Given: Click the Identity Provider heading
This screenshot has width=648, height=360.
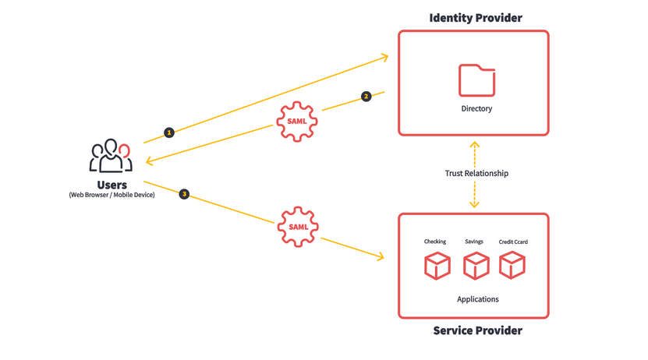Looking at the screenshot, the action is click(x=476, y=18).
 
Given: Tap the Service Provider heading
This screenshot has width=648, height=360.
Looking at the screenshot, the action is click(x=478, y=330).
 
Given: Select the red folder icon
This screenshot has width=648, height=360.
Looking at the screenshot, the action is click(x=477, y=80).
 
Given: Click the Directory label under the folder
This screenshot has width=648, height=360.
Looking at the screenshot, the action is click(x=476, y=108).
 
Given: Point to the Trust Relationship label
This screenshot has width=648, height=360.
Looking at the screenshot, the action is click(x=476, y=173).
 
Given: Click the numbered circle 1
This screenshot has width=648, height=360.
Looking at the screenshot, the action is click(x=169, y=132).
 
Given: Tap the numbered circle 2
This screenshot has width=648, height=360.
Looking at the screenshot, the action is click(x=366, y=97).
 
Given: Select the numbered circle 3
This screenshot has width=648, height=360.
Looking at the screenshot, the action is click(x=184, y=194).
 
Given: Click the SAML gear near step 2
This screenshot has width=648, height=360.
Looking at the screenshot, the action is click(x=297, y=122).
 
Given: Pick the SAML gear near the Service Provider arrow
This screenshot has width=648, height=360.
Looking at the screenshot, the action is click(x=298, y=227).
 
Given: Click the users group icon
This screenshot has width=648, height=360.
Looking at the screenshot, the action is click(x=111, y=156).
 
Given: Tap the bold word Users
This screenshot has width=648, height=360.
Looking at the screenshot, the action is click(x=112, y=185).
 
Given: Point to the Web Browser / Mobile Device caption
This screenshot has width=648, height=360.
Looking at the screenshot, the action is click(x=112, y=195).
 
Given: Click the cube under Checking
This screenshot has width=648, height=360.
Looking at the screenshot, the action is click(x=437, y=266).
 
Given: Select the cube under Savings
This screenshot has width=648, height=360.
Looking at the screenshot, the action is click(x=476, y=266).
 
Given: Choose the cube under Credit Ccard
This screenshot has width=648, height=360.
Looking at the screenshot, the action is click(x=512, y=265).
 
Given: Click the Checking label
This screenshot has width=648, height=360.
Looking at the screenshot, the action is click(x=435, y=242).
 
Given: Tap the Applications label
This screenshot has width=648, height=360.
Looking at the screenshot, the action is click(x=478, y=299).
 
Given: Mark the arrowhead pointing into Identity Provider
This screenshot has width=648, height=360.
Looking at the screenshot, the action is click(x=384, y=57).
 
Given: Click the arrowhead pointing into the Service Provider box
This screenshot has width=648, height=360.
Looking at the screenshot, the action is click(x=381, y=256).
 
